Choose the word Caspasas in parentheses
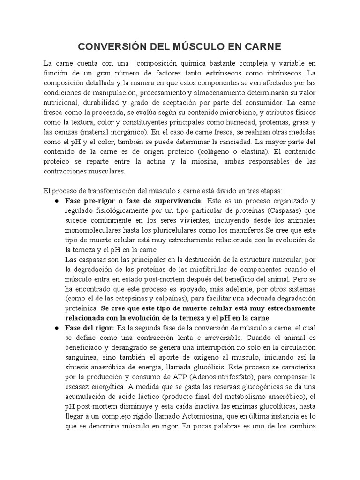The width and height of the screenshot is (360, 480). [286, 210]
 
